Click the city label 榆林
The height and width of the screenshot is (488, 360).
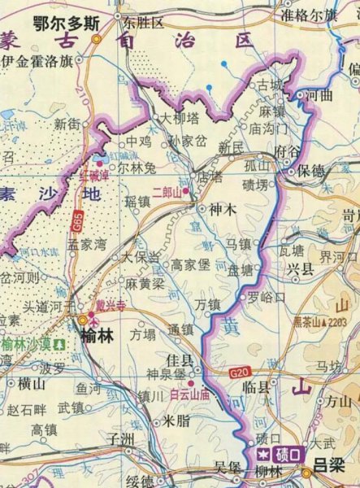[x=99, y=334]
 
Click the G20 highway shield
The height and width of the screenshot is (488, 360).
[x=237, y=373]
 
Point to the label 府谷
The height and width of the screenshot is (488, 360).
[x=288, y=151]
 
